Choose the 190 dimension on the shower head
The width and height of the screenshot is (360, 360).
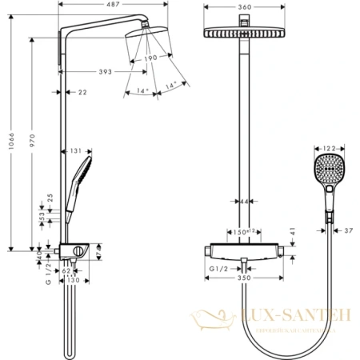151,58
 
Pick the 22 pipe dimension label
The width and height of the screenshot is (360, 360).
83,93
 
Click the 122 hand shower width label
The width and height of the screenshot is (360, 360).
330,147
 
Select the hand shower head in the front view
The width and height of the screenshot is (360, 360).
330,174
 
